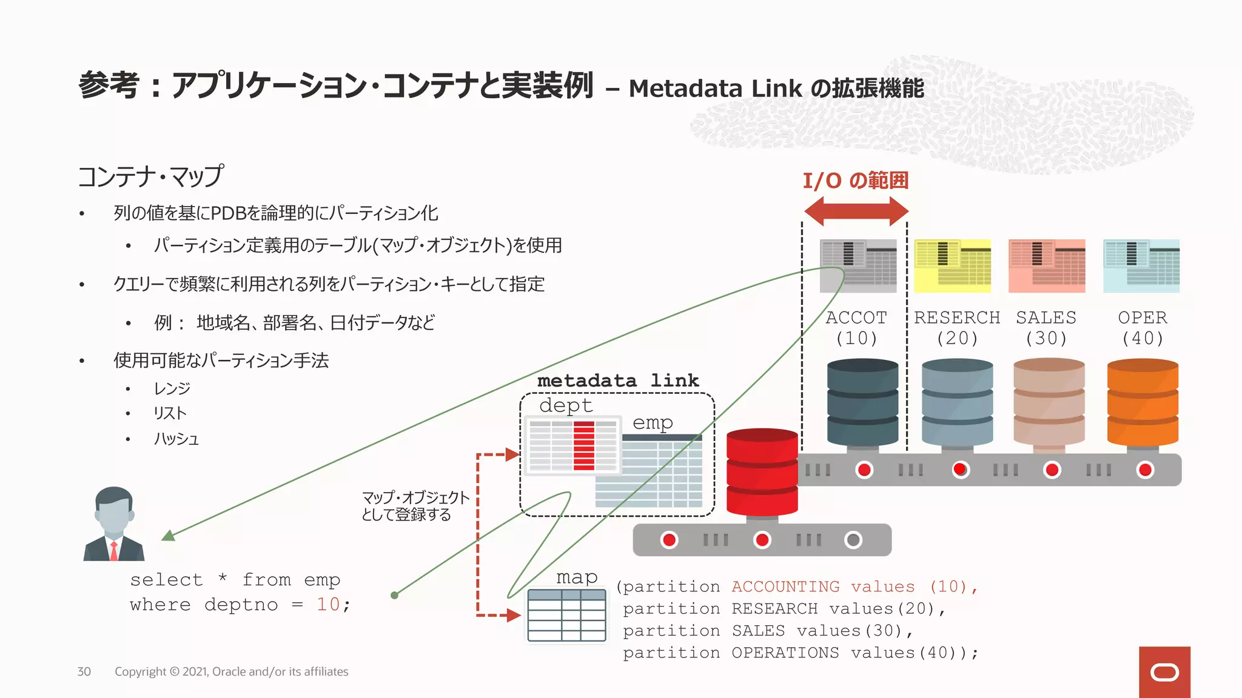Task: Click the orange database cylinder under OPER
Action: coord(1143,402)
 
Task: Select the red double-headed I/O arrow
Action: coord(856,211)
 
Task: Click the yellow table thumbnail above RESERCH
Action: coord(952,266)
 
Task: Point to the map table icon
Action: coord(566,615)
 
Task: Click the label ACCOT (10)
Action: coord(856,328)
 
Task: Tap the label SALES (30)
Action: coord(1046,328)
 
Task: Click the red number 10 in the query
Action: coord(328,604)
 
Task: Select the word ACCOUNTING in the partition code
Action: coord(785,587)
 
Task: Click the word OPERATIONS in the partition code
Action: coord(785,653)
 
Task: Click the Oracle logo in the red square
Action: coord(1164,673)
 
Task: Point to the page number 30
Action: coord(84,671)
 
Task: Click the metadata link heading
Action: coord(618,381)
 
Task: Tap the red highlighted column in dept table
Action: coord(583,445)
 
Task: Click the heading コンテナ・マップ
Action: coord(151,176)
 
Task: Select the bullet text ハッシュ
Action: coord(176,439)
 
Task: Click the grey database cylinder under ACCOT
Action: coord(862,402)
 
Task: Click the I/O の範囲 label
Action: coord(855,181)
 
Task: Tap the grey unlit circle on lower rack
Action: coord(853,540)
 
